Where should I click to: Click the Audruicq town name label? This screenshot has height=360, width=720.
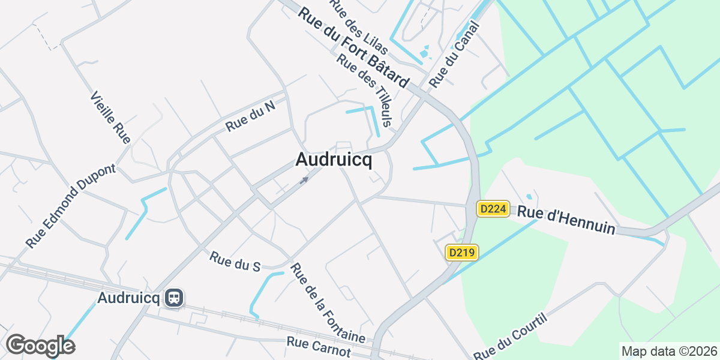coord(334,160)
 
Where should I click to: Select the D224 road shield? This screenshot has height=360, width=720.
coord(493,209)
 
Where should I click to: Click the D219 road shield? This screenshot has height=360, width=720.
coord(462,253)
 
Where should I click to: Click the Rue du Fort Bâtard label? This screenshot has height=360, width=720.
coord(353,47)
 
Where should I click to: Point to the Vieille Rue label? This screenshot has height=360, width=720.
coord(110,118)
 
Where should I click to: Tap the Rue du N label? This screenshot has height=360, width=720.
coord(250,118)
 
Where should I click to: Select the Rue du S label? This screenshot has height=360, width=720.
coord(235,261)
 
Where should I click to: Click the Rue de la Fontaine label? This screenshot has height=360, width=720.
coord(328,303)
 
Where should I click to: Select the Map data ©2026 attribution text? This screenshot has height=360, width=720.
coord(668,351)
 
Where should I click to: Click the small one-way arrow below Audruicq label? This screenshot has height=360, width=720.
coord(305,179)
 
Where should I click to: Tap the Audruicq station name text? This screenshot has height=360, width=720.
coord(129,298)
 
